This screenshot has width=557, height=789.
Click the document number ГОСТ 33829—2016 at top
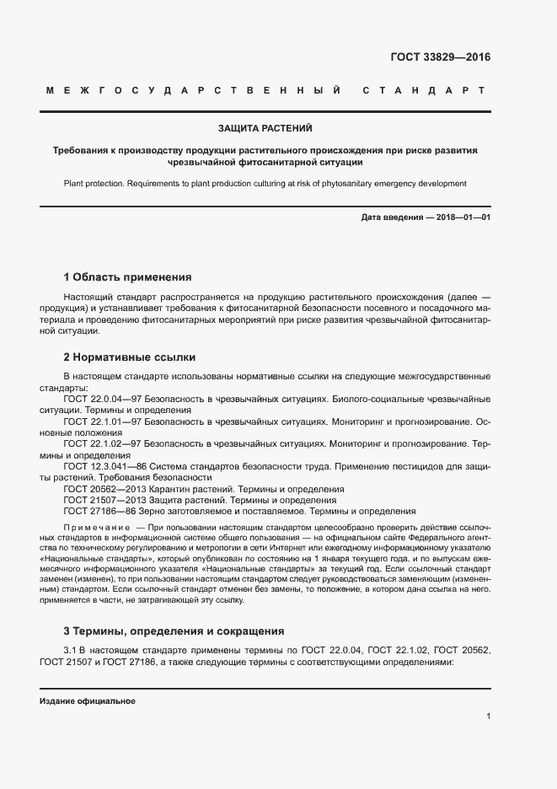pos(440,58)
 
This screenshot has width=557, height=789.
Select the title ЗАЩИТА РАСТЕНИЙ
pos(265,129)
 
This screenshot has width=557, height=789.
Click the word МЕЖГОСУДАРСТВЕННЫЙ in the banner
pos(195,90)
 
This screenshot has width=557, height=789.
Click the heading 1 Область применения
pos(128,276)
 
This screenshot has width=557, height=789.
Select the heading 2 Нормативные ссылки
pos(129,357)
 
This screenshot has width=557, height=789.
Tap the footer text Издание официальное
pos(87,701)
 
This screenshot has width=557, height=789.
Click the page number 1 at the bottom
pos(488,716)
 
